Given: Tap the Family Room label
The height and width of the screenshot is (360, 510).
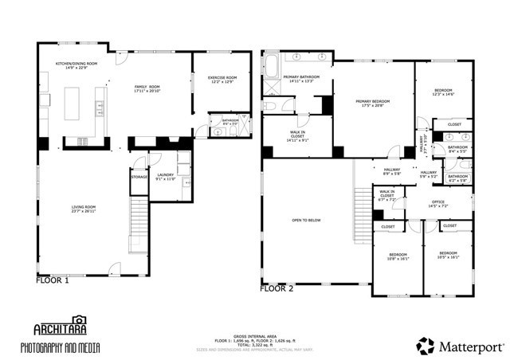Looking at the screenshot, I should pyautogui.click(x=147, y=88).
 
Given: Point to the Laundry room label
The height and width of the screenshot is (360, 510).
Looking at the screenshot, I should pyautogui.click(x=165, y=176).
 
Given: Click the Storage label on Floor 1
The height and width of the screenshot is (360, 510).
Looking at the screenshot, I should pyautogui.click(x=139, y=177).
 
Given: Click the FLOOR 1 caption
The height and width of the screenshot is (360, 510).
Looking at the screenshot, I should pyautogui.click(x=53, y=280).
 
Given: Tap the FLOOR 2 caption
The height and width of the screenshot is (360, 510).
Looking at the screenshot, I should pyautogui.click(x=277, y=288).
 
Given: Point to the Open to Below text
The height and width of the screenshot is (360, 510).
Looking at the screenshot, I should pyautogui.click(x=307, y=221).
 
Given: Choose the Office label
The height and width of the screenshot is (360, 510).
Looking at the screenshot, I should pyautogui.click(x=437, y=204).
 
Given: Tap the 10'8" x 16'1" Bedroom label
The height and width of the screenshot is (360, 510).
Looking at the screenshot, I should pyautogui.click(x=398, y=256).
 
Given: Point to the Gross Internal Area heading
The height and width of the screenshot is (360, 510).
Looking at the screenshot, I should pyautogui.click(x=254, y=336).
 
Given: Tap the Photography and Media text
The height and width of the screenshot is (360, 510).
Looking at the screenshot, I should pyautogui.click(x=71, y=348).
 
